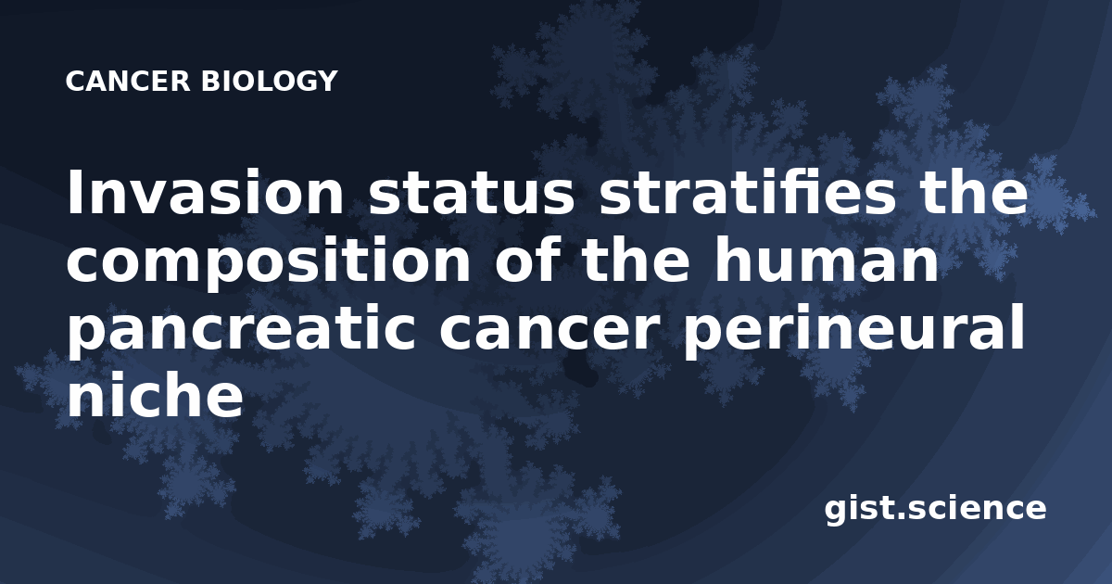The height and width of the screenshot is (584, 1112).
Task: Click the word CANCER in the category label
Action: pos(128,81)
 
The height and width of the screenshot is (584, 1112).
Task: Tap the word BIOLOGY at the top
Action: pos(269,81)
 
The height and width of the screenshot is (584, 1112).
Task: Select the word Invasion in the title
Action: pos(205,193)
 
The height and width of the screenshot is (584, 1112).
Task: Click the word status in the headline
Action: pos(471,193)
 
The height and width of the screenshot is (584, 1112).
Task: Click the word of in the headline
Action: pos(526,260)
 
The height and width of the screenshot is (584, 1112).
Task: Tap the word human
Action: pos(826,260)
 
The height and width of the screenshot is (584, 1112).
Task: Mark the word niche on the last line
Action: pos(155,395)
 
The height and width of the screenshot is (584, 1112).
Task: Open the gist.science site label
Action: pos(935,509)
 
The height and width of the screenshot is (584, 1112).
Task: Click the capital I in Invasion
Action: pos(74,193)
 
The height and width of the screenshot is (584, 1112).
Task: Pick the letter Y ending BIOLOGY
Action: pos(327,81)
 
